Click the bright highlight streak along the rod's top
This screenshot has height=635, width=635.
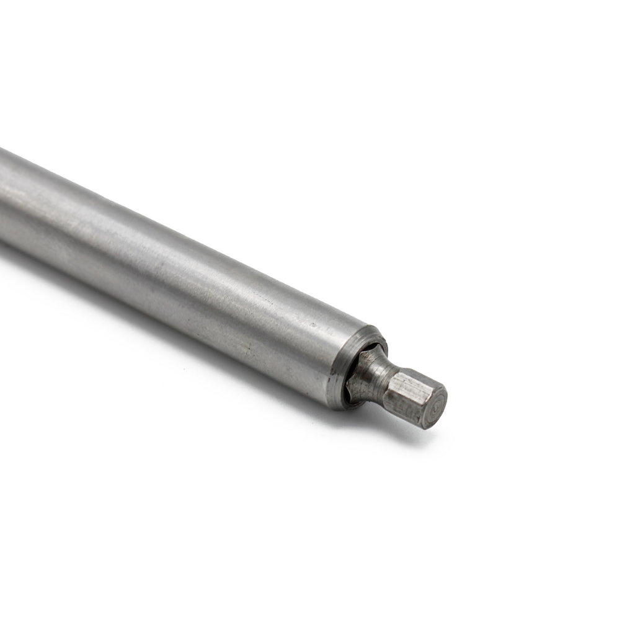coord(155,223)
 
